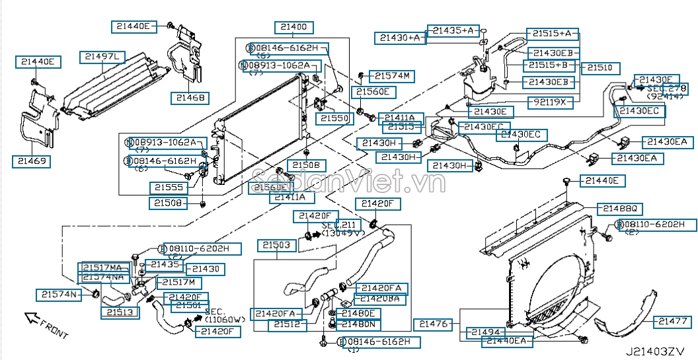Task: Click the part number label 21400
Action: click(294, 28)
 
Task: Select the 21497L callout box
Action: click(103, 57)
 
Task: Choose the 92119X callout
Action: click(551, 102)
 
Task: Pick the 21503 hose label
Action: click(273, 245)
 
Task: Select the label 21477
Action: click(673, 322)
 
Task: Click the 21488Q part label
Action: click(619, 208)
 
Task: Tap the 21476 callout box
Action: click(434, 324)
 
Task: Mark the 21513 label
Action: click(120, 312)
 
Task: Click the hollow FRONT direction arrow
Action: click(31, 319)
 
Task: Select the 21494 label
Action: click(486, 332)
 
